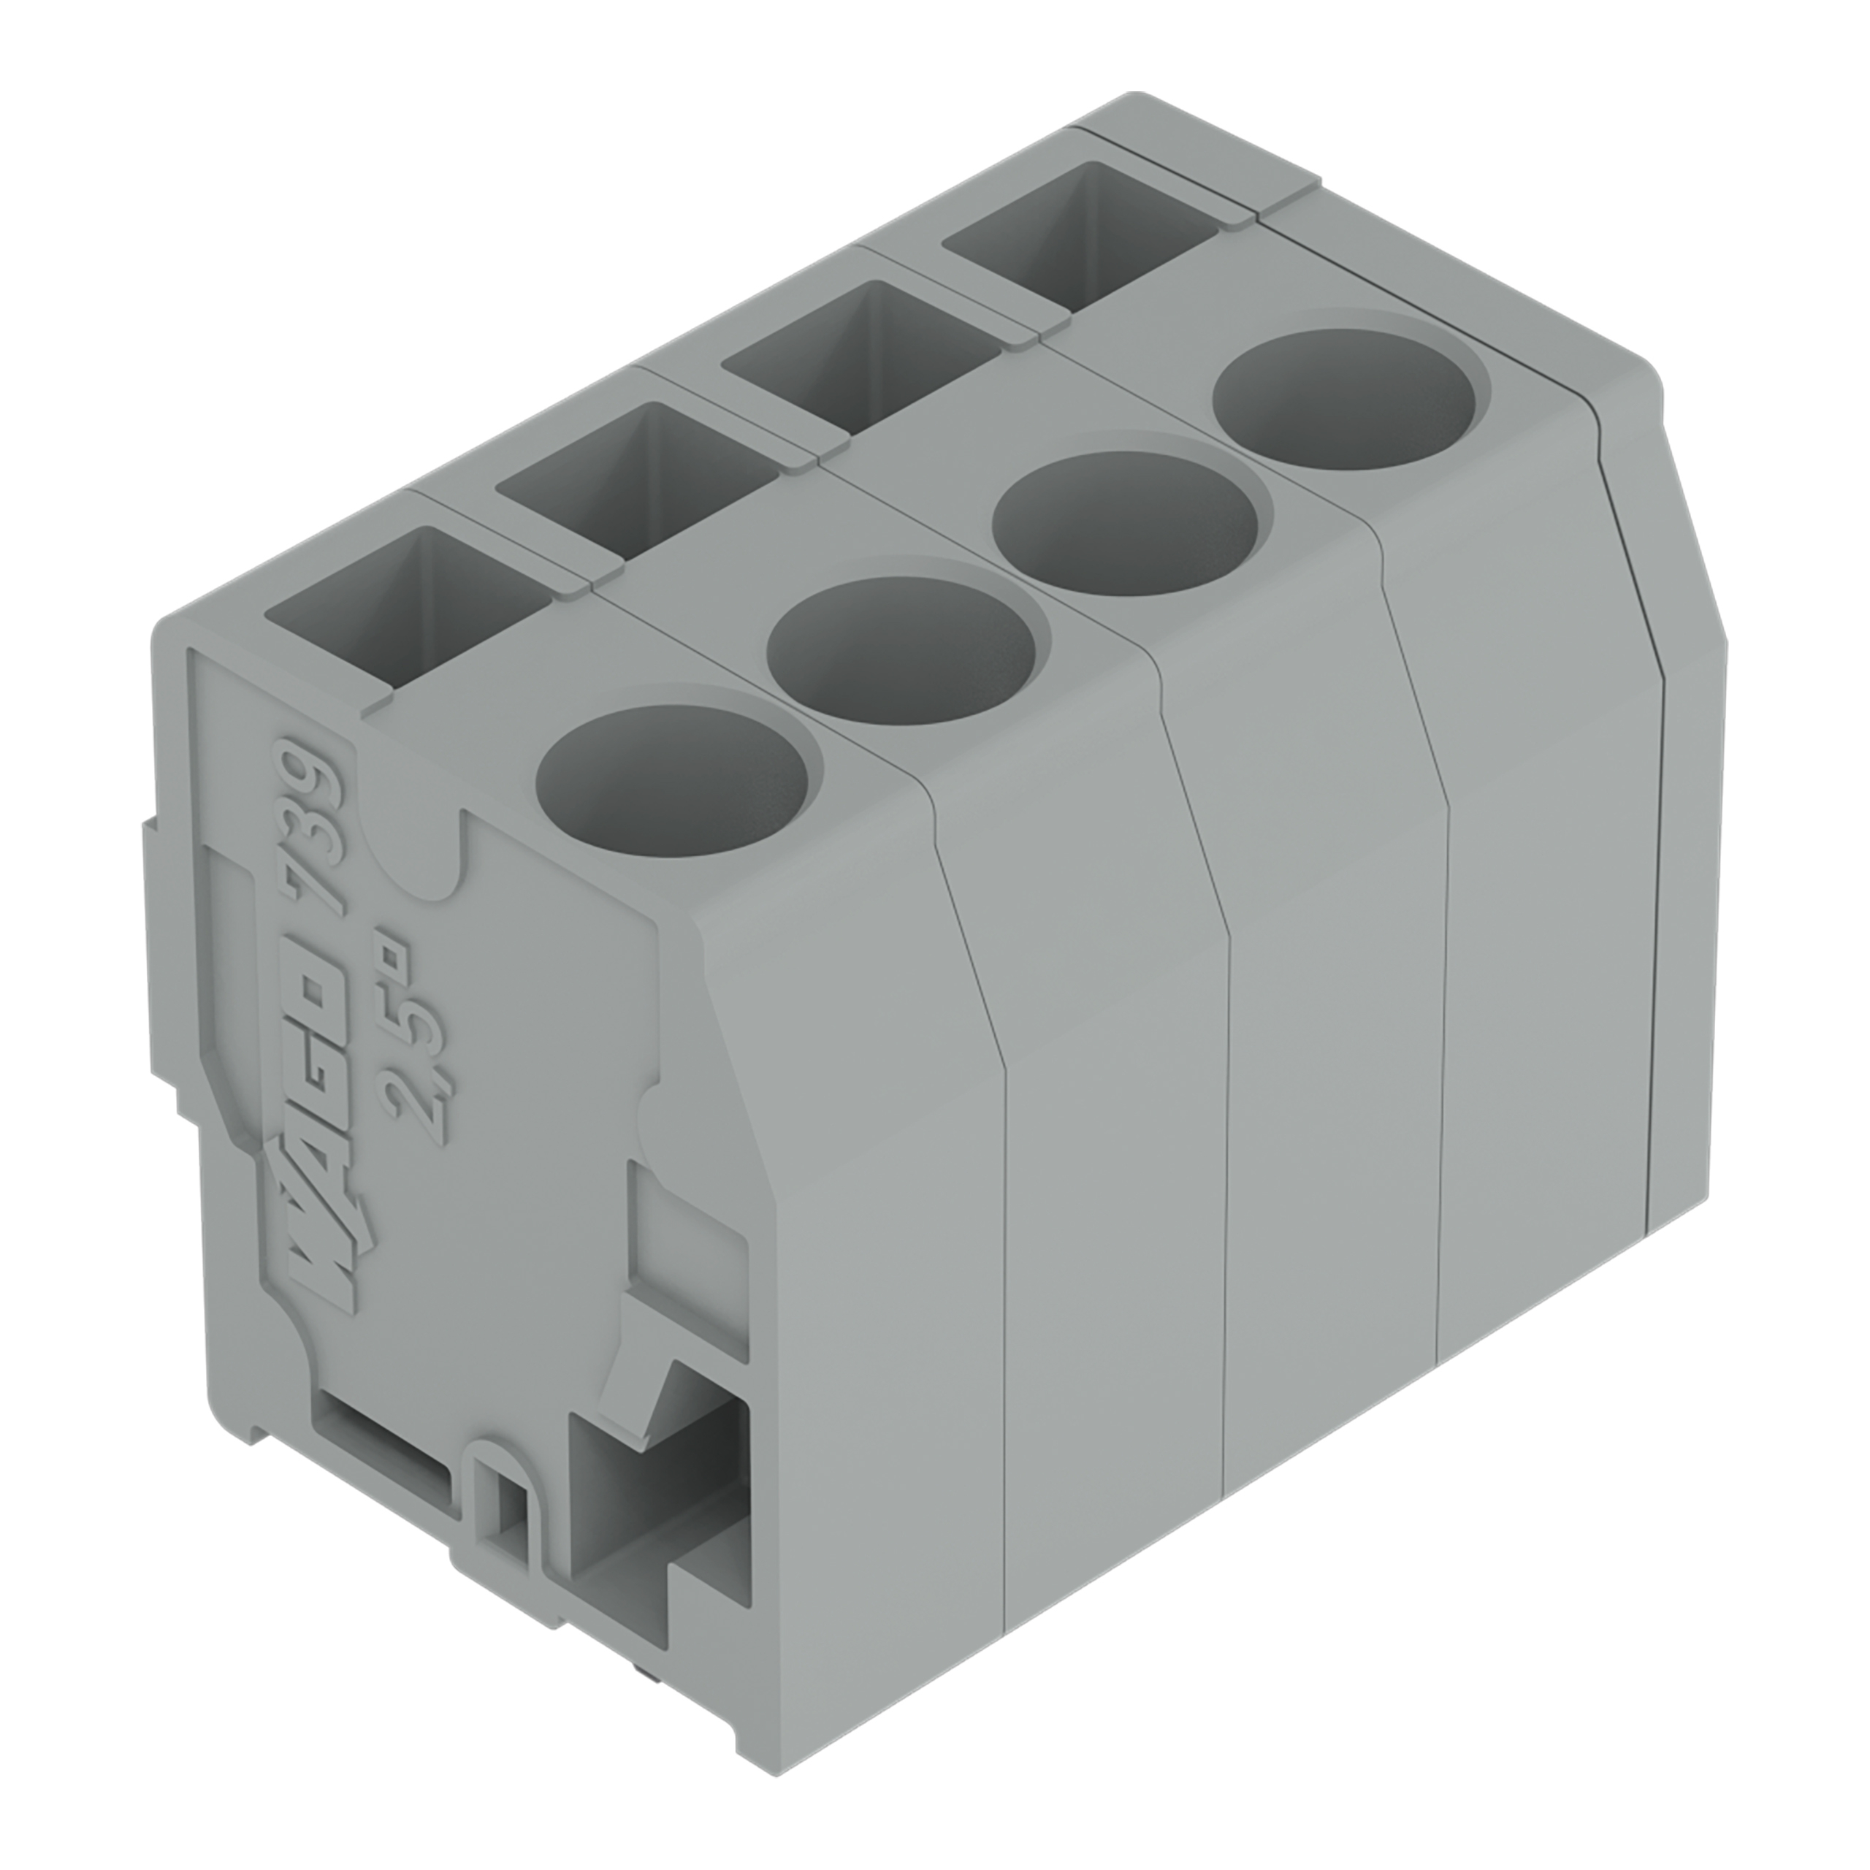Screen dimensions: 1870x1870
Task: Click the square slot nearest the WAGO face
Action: click(x=407, y=610)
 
